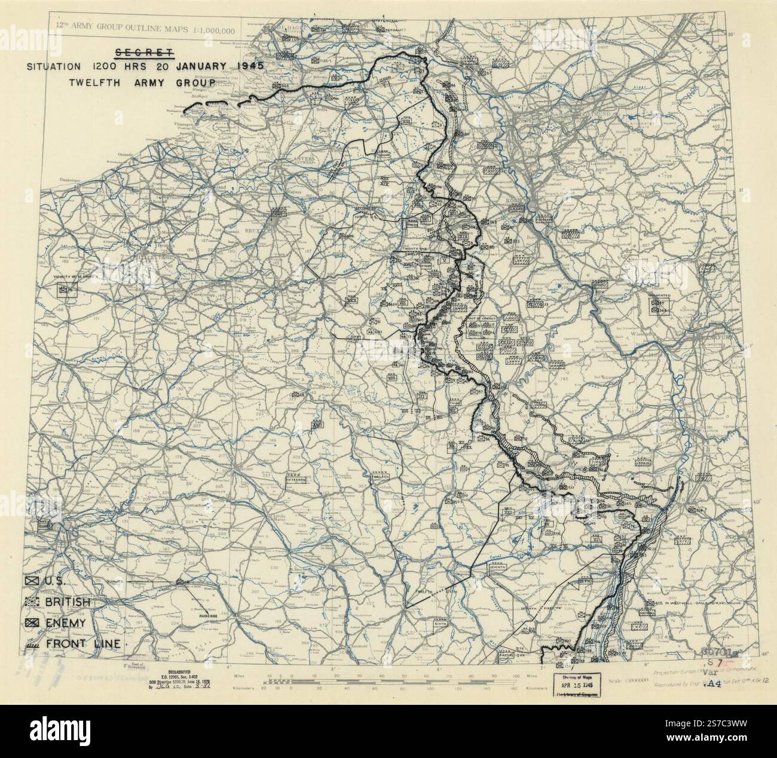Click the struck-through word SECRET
(145, 51)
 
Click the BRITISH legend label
(68, 602)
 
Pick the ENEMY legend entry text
(64, 623)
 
